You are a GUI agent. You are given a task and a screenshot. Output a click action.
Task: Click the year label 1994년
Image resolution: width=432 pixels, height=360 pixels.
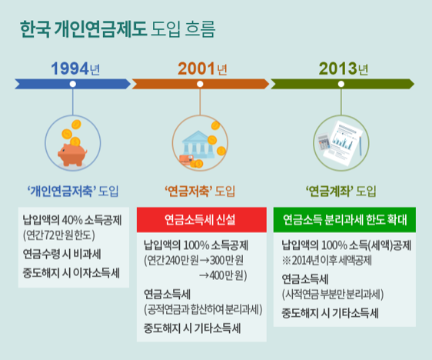point(75,68)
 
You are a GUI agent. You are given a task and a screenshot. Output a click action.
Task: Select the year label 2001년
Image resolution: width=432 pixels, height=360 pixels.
point(202,68)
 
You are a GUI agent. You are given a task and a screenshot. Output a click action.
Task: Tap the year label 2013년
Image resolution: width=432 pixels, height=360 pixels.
point(344,68)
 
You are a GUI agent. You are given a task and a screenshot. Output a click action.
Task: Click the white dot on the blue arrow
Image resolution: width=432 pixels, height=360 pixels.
point(73,84)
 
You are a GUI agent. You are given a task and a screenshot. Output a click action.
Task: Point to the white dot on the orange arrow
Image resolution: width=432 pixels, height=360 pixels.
point(200,84)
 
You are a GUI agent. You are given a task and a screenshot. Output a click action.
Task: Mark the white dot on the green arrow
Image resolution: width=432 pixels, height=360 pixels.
point(341,84)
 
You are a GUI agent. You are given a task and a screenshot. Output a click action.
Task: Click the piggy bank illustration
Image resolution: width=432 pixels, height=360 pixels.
point(72,155)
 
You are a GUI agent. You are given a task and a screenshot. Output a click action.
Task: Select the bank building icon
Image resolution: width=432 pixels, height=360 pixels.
point(198,145)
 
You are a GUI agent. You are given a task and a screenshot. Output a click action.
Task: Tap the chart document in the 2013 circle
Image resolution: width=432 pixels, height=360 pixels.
point(344,143)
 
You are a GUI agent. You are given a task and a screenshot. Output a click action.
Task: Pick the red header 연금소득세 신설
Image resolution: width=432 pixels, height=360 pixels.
point(201,220)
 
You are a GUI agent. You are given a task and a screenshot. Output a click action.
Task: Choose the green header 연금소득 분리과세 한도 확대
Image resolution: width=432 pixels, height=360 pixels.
point(344,220)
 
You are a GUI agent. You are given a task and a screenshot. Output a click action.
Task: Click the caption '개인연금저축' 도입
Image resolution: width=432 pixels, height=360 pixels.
point(73,191)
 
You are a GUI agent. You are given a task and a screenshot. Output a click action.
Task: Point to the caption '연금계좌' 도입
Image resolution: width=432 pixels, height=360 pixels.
point(341,191)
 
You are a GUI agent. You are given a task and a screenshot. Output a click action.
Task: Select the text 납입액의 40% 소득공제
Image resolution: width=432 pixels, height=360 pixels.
point(72,220)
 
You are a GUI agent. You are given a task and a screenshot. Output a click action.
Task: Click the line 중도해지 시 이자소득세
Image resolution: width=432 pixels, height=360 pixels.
point(71,273)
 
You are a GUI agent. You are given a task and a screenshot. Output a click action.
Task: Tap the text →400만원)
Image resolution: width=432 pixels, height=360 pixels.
point(223,275)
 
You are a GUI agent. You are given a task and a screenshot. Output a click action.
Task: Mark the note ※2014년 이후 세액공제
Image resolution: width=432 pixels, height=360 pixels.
point(327,260)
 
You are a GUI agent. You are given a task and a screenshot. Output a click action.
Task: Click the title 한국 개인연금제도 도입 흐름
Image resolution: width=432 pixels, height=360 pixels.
point(117,28)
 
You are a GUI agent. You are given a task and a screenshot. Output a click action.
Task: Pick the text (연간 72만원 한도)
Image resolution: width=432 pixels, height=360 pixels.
point(59,235)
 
